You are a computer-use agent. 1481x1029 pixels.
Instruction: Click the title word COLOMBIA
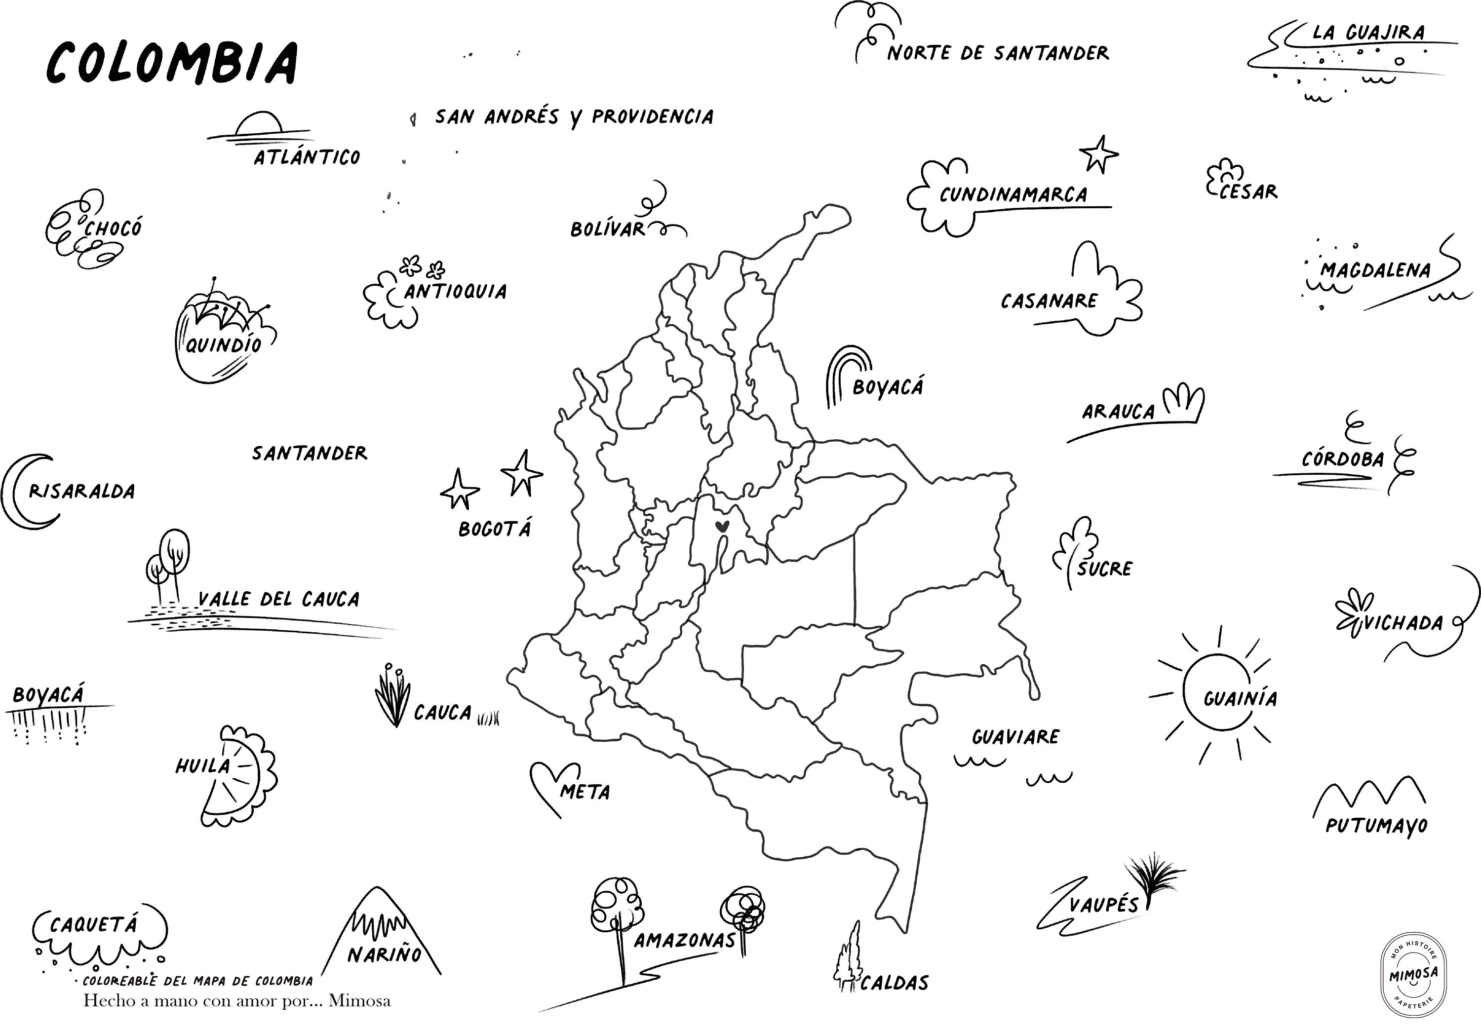[173, 63]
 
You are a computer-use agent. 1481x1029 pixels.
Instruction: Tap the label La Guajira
[1368, 32]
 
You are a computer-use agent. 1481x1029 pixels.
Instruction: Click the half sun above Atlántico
[258, 125]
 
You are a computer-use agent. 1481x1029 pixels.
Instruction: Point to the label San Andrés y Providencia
[574, 116]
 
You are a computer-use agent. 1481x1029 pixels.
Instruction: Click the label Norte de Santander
[997, 53]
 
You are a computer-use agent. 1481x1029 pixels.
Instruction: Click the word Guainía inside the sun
[1239, 698]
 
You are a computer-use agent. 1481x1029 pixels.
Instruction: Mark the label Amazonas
[684, 940]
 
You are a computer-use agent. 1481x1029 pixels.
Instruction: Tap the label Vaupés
[1103, 905]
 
